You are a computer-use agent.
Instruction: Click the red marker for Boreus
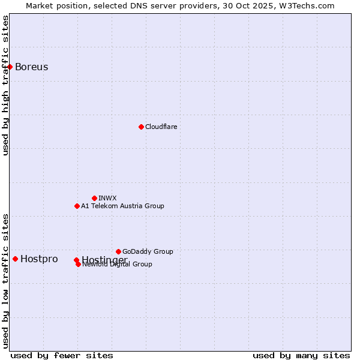10,67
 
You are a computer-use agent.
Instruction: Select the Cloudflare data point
141,127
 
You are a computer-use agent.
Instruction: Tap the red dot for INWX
94,198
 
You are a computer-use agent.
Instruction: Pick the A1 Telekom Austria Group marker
77,206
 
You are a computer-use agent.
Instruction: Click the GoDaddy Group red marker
118,251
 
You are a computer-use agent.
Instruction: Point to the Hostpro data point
15,259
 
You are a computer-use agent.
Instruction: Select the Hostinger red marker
76,260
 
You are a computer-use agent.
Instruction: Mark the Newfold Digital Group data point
78,264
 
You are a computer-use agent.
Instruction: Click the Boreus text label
31,67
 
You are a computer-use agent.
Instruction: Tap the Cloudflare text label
161,127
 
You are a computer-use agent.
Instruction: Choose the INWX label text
107,198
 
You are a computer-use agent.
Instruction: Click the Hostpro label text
39,259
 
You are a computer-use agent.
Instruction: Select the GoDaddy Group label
148,251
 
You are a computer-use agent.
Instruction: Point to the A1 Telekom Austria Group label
122,206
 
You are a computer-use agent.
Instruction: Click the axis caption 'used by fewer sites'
62,356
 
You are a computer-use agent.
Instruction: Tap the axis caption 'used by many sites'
301,356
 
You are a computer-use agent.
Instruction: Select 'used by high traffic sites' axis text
6,86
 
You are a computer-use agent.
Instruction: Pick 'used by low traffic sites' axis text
6,281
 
